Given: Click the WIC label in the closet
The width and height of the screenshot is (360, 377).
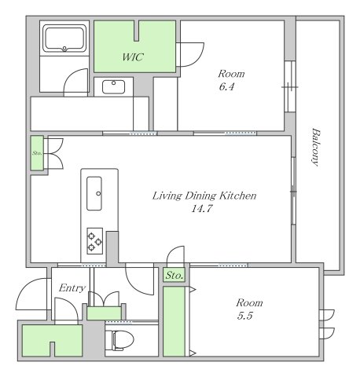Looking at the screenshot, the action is [133, 57].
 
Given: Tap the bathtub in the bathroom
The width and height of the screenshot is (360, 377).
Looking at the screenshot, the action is [64, 38].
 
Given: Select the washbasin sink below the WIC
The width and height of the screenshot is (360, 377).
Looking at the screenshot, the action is [113, 87].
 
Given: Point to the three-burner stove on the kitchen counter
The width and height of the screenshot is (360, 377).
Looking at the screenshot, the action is [95, 241].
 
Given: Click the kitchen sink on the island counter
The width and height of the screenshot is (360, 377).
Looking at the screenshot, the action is [94, 193].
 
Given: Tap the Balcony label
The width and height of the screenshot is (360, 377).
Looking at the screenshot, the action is [316, 147].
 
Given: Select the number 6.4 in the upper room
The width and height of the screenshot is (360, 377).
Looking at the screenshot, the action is [226, 86].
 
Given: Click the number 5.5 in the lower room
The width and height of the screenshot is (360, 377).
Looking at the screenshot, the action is [245, 316].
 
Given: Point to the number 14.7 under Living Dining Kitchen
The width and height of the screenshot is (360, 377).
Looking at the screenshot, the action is [202, 209].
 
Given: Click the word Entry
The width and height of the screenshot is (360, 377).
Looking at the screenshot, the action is [72, 288].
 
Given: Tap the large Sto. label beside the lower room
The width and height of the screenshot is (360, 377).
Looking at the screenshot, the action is [174, 276].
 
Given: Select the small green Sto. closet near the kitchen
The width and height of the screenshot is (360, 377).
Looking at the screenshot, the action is [37, 153].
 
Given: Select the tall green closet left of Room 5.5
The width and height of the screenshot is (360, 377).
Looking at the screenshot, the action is [174, 321].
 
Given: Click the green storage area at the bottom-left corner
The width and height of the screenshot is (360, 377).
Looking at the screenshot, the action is [53, 340].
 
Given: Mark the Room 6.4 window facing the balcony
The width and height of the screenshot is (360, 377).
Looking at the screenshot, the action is [290, 86].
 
